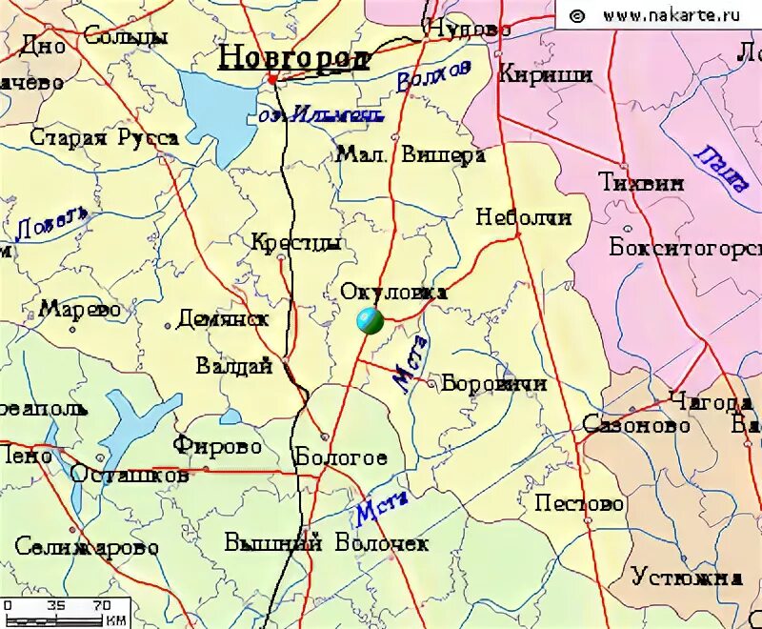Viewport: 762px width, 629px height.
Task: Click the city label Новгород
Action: click(293, 58)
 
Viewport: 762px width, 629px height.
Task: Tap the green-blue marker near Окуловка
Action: click(370, 322)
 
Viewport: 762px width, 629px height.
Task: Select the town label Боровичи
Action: click(494, 384)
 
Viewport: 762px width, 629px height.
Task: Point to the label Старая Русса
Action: click(104, 138)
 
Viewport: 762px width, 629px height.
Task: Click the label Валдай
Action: click(234, 366)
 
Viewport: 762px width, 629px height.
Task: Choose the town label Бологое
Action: click(341, 457)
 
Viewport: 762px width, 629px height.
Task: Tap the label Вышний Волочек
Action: click(327, 544)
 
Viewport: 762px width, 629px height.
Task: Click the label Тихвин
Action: click(641, 183)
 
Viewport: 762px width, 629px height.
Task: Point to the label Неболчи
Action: click(524, 217)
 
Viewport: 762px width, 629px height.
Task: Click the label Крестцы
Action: click(296, 244)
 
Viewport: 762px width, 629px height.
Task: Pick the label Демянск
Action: click(223, 319)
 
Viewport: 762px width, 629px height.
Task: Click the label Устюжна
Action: click(686, 578)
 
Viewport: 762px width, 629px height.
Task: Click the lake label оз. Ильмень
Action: click(321, 115)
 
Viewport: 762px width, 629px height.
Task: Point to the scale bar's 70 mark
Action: click(100, 605)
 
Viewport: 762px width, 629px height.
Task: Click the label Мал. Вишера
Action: click(411, 155)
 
